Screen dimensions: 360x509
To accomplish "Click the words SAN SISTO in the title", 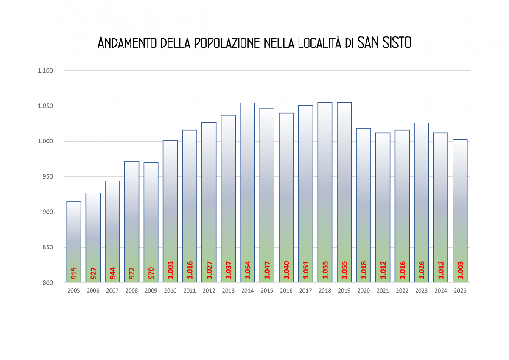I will tap(384, 43).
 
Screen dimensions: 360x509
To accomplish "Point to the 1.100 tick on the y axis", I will tap(45, 70).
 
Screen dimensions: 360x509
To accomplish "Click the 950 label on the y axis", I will tap(47, 176).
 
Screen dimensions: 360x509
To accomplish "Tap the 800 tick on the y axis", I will tap(47, 282).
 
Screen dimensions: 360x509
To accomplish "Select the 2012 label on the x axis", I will tap(209, 291).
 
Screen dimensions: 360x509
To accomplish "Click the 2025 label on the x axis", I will tap(460, 291).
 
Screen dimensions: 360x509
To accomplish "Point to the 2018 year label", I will tap(325, 291).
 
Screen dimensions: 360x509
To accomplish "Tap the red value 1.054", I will tap(248, 270).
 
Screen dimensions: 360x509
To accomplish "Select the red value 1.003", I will tap(460, 270).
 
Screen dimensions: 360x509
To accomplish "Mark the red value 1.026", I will tap(422, 270).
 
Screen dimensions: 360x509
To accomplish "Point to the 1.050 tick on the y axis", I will tap(45, 106).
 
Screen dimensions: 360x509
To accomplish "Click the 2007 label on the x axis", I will tap(112, 291).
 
